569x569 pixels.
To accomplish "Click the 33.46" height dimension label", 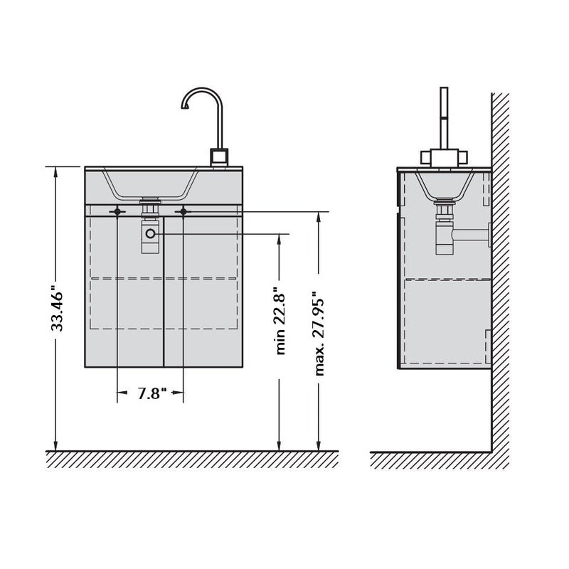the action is (57, 307).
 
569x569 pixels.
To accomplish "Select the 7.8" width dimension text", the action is (151, 393).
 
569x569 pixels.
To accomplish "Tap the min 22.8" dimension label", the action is (280, 321).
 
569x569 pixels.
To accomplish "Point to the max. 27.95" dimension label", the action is (319, 333).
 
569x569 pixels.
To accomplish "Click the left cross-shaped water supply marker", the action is (117, 211).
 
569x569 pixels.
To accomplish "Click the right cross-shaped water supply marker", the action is (183, 211).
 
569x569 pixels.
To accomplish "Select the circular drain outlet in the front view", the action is (150, 234).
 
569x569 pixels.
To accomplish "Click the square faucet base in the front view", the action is (219, 157).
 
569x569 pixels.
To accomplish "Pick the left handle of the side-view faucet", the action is (425, 157).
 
